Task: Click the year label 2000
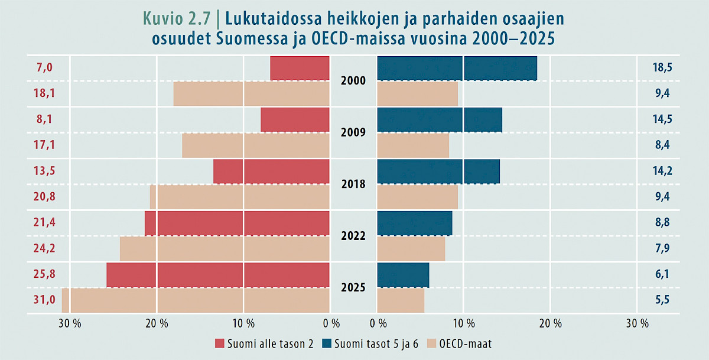point(353,81)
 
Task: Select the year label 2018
point(353,184)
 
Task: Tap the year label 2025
point(353,287)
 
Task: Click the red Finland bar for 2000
point(300,68)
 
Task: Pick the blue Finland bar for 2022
point(415,223)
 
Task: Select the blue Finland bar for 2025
point(403,275)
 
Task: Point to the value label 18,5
point(662,67)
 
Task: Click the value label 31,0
point(44,300)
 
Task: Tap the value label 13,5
point(44,171)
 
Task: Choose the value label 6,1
point(662,274)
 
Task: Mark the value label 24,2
point(44,248)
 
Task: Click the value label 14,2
point(662,171)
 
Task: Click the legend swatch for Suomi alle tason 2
point(219,343)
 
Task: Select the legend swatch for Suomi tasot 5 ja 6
point(327,343)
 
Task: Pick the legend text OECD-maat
point(466,344)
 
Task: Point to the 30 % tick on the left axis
point(70,323)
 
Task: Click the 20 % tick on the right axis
point(551,323)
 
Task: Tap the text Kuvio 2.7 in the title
point(177,18)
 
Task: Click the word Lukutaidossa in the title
point(274,18)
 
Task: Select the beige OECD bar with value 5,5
point(401,300)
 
